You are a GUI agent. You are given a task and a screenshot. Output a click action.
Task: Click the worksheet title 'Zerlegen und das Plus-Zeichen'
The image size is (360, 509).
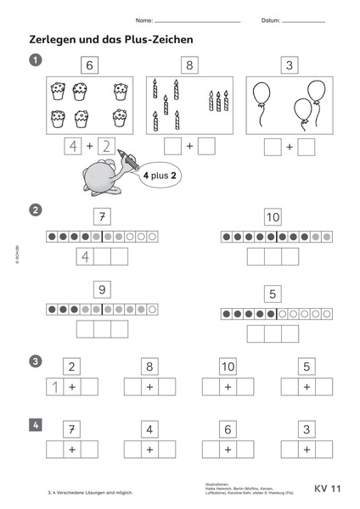(112, 39)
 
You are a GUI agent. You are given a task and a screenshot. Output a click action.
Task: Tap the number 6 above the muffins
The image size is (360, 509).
(90, 64)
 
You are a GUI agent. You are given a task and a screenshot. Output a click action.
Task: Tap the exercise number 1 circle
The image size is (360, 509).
(36, 59)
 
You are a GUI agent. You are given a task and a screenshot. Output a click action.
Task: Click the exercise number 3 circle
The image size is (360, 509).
(36, 361)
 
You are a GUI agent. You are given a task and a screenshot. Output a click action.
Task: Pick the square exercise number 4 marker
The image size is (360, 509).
(36, 423)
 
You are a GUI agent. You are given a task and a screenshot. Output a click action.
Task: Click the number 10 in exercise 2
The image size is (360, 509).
(272, 216)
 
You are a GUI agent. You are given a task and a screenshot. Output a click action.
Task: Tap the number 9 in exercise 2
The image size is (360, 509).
(102, 291)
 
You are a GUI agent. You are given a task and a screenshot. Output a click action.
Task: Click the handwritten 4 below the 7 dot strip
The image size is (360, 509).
(85, 256)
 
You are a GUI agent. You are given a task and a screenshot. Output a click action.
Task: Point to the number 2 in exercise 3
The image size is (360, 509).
(73, 367)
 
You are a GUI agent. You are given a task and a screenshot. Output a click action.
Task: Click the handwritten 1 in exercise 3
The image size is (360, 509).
(53, 388)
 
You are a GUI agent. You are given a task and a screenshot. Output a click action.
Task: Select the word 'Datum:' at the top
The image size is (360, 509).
(271, 20)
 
